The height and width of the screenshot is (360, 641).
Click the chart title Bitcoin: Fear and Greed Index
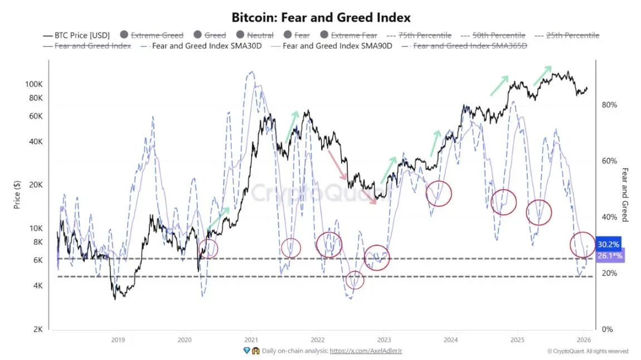(x=320, y=17)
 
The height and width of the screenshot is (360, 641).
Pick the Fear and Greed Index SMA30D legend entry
(x=215, y=46)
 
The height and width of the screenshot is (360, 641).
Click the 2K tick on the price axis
(x=38, y=329)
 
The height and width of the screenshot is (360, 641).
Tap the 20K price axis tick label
(x=36, y=185)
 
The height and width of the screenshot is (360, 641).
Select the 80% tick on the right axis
(x=609, y=105)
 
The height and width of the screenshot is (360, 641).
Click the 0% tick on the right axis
(x=608, y=329)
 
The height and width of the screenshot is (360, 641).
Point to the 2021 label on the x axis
(x=251, y=339)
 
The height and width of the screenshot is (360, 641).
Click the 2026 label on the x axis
(x=583, y=339)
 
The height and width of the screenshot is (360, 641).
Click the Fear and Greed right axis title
(x=625, y=194)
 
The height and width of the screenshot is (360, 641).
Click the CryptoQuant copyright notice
(x=587, y=351)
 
